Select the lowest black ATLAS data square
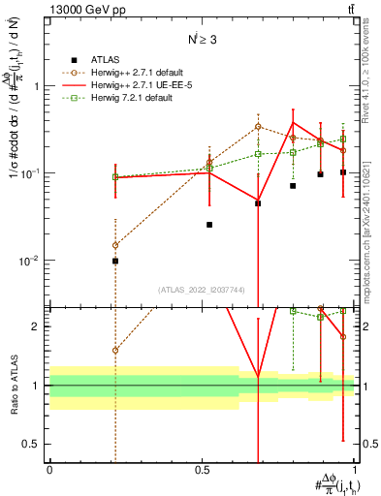click(x=115, y=261)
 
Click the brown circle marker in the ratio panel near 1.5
click(x=115, y=350)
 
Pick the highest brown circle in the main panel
click(x=258, y=127)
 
